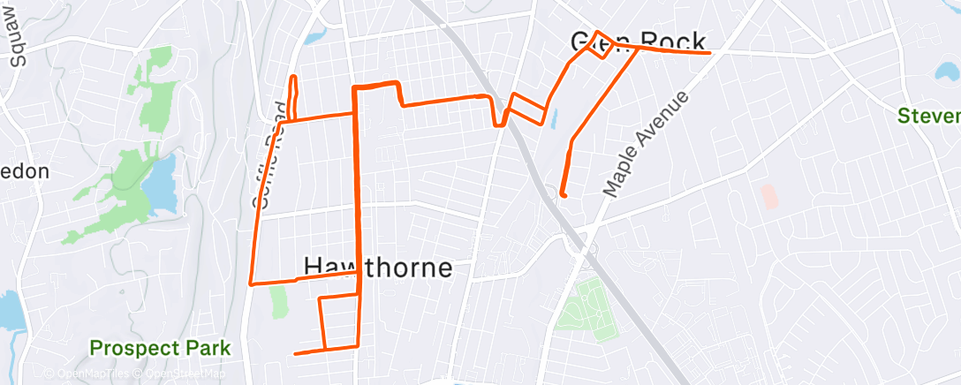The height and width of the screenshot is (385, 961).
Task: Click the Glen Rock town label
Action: click(638, 42)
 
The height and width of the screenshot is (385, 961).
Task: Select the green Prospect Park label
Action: click(160, 348)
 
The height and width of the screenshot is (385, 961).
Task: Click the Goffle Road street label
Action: click(271, 155)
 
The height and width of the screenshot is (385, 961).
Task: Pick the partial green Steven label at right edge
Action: click(928, 116)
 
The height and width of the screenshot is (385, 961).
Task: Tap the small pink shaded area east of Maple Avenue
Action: click(769, 196)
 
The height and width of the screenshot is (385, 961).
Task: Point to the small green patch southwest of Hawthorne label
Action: click(279, 301)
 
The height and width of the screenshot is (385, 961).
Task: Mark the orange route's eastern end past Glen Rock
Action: click(709, 53)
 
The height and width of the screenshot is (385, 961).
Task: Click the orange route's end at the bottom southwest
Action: click(295, 353)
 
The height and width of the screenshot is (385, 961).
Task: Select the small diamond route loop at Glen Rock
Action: click(600, 45)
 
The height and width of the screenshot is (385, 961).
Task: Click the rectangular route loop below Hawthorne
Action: click(339, 321)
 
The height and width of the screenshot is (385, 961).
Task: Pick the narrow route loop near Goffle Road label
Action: click(291, 97)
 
